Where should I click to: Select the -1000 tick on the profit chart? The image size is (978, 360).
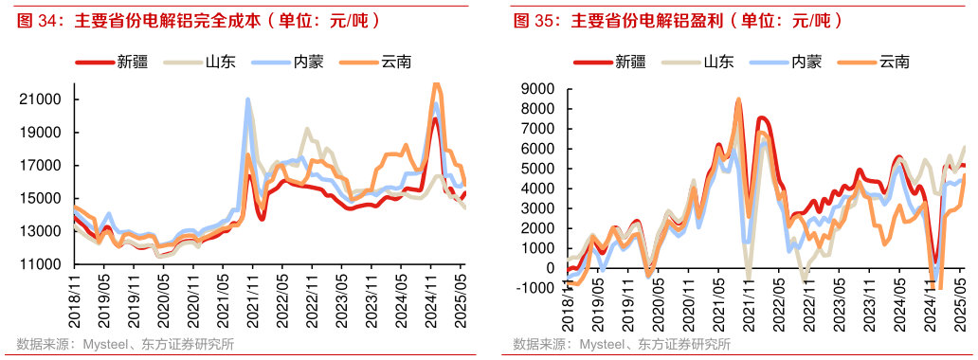(536, 289)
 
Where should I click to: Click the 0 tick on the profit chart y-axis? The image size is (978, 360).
(551, 269)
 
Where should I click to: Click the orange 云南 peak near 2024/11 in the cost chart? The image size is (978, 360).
(437, 85)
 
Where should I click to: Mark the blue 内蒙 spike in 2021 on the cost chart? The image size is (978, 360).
(248, 99)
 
